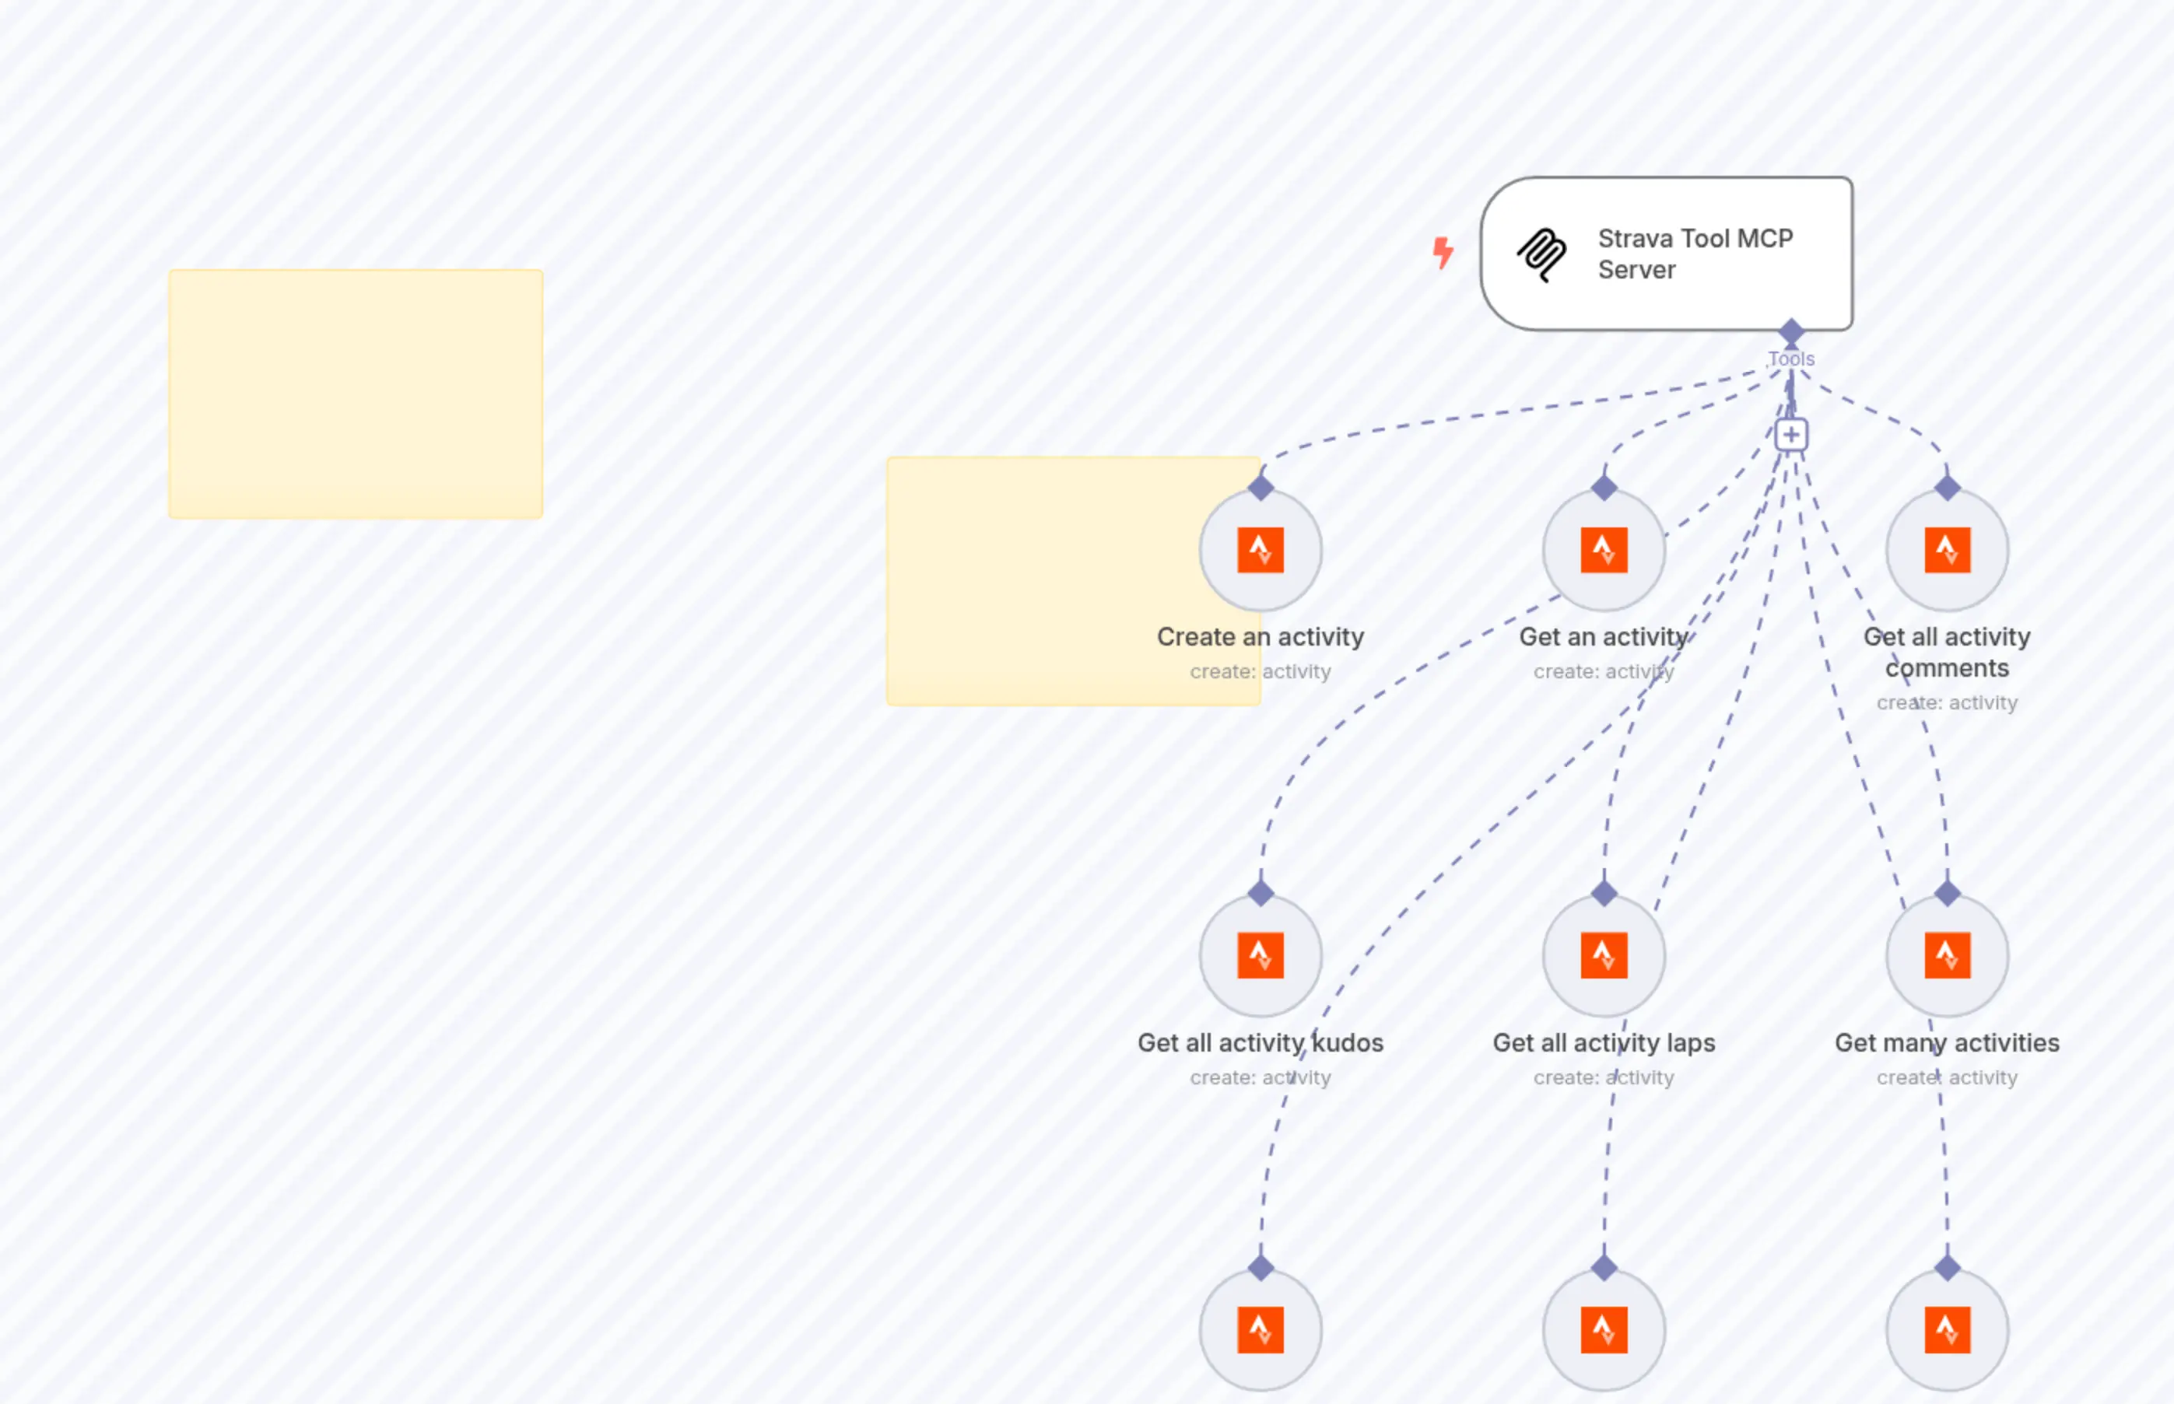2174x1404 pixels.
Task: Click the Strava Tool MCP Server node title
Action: (x=1695, y=254)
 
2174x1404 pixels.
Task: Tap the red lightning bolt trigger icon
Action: (x=1443, y=253)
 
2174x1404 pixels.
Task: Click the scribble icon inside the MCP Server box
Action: (x=1541, y=254)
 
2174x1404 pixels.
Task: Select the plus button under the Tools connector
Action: (x=1791, y=435)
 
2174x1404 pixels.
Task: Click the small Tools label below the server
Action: (x=1791, y=359)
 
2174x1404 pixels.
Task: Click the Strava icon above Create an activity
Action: (x=1261, y=550)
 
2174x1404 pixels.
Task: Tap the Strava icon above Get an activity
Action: (x=1603, y=550)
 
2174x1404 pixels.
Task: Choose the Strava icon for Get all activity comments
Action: (x=1947, y=550)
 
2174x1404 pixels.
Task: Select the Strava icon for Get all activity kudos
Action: (x=1261, y=955)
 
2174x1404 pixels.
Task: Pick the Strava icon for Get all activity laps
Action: (x=1603, y=955)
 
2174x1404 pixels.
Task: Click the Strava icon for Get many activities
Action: (x=1947, y=955)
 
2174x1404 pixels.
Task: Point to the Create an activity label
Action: (x=1261, y=636)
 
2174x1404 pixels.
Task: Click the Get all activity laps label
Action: (x=1603, y=1042)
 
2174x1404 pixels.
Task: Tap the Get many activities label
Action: (x=1947, y=1042)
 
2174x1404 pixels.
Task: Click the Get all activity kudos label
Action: (x=1261, y=1042)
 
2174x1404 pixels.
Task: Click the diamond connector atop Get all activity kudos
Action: (x=1261, y=894)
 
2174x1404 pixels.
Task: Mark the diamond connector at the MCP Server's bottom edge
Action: (x=1791, y=331)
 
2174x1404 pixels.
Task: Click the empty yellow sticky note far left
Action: (x=356, y=394)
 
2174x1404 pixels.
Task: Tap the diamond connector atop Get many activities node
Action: (x=1947, y=894)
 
